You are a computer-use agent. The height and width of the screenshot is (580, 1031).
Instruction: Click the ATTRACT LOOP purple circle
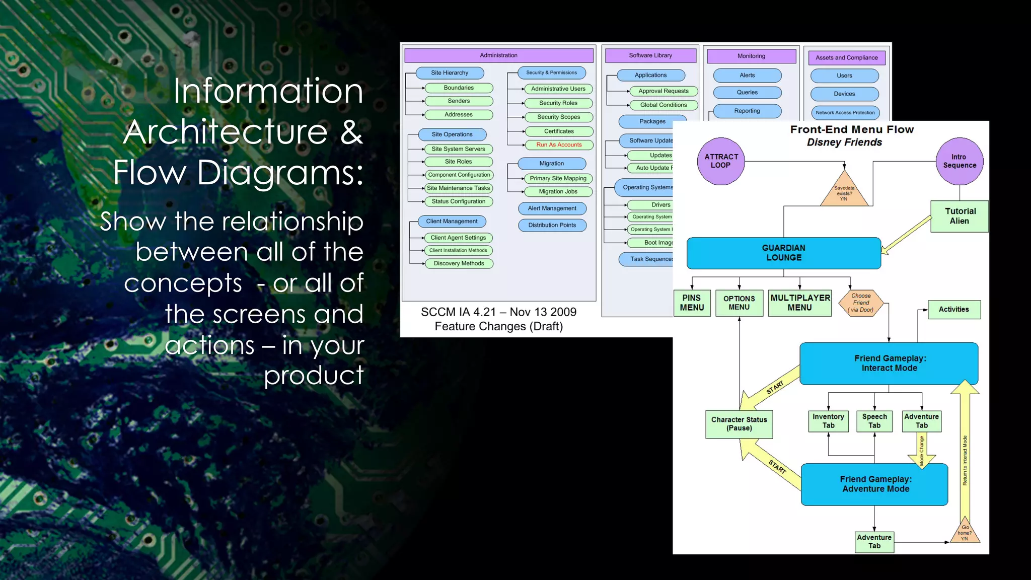(721, 161)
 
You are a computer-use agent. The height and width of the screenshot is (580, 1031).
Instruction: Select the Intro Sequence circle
(960, 161)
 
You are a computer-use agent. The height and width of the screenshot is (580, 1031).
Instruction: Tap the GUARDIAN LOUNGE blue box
(783, 253)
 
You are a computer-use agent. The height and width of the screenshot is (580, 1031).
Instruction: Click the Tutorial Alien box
(960, 216)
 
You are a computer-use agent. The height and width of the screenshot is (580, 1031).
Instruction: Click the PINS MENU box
(692, 303)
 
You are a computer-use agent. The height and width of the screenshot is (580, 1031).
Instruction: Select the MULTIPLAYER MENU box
(799, 303)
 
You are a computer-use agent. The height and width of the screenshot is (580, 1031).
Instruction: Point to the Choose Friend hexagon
(861, 303)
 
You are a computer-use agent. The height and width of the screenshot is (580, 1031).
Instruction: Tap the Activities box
(953, 310)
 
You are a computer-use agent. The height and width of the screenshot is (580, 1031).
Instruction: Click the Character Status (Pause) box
(739, 424)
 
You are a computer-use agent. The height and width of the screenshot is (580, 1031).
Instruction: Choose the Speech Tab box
(874, 421)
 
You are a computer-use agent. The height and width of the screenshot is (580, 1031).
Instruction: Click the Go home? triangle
(965, 533)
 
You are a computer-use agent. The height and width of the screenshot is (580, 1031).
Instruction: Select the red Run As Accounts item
(559, 145)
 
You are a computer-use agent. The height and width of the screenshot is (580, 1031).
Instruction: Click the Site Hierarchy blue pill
(450, 73)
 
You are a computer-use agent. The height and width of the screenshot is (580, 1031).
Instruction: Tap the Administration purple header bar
(498, 55)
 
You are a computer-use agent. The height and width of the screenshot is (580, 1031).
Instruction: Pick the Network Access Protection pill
(845, 113)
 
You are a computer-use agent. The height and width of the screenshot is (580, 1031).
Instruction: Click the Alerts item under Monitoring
(747, 76)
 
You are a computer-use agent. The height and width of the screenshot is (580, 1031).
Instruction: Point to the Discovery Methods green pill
(459, 263)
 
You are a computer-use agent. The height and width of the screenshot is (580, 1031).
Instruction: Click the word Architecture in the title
(227, 132)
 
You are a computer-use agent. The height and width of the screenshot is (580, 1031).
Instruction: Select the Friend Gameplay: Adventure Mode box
(875, 484)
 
